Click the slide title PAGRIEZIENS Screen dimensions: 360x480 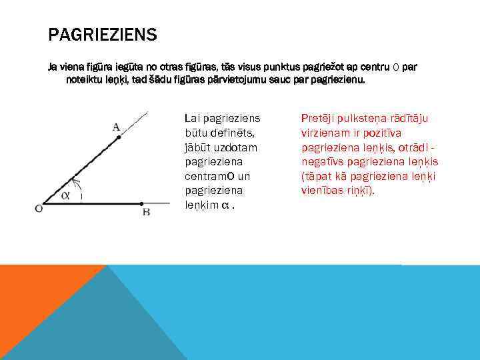pyautogui.click(x=102, y=35)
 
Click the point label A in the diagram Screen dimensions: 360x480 pyautogui.click(x=116, y=127)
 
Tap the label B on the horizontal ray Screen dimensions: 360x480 pyautogui.click(x=145, y=212)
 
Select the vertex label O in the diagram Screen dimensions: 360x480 pyautogui.click(x=39, y=209)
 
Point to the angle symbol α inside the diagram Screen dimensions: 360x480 pyautogui.click(x=65, y=195)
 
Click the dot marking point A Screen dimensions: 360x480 pyautogui.click(x=119, y=137)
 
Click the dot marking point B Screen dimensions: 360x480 pyautogui.click(x=142, y=203)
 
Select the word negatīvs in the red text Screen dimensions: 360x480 pyautogui.click(x=323, y=162)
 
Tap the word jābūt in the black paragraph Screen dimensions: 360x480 pyautogui.click(x=197, y=147)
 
